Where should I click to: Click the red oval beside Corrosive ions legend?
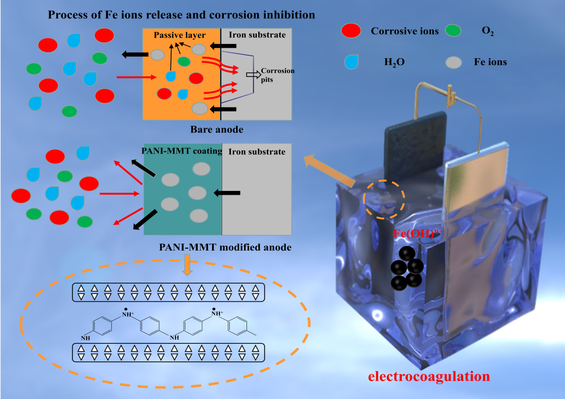click(351, 31)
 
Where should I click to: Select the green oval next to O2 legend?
click(453, 31)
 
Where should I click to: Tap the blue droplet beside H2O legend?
click(351, 62)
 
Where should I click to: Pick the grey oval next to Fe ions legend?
click(453, 62)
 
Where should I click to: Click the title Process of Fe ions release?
click(181, 15)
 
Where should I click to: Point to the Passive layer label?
click(179, 35)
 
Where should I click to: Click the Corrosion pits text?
click(278, 74)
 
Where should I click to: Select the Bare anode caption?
click(217, 130)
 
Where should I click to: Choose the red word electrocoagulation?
click(429, 377)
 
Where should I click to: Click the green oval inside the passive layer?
click(184, 61)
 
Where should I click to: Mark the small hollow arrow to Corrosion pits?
click(252, 74)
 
